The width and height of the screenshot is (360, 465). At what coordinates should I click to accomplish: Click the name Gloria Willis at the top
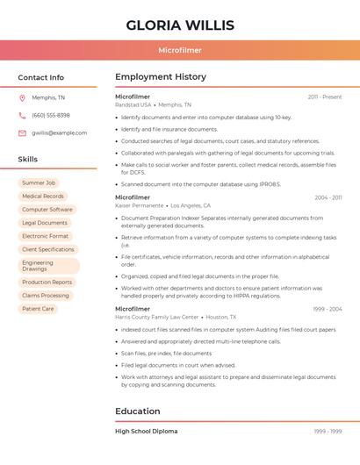180,25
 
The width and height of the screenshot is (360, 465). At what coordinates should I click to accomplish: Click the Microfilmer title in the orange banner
180,50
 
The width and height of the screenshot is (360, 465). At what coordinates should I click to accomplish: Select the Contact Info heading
41,77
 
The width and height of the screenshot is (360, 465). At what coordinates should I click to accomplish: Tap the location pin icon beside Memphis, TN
22,97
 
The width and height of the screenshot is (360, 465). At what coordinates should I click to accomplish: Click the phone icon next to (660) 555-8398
22,115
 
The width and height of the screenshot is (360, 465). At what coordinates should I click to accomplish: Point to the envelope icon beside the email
22,132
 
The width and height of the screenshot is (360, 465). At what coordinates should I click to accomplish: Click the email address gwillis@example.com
59,132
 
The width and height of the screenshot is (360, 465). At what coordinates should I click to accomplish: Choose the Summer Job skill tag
39,182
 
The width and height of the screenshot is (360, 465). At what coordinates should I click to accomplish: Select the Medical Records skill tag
43,197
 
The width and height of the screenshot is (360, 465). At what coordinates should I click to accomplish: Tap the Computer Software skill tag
47,210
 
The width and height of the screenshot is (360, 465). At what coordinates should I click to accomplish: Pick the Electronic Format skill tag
45,236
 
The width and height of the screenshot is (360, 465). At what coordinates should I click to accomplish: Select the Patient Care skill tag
38,309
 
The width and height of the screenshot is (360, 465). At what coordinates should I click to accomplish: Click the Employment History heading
161,77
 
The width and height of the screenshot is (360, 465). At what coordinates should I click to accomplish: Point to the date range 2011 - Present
324,97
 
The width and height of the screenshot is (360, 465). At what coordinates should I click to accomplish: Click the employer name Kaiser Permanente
140,205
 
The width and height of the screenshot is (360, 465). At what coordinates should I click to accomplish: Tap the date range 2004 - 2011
328,197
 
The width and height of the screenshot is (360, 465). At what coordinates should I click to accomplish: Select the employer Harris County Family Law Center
157,317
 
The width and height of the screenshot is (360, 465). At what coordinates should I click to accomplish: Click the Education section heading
138,411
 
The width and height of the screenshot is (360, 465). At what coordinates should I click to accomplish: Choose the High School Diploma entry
146,431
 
